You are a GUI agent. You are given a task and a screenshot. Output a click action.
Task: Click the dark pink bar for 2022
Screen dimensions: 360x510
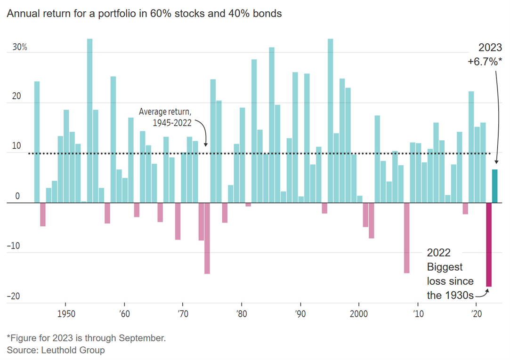pos(489,244)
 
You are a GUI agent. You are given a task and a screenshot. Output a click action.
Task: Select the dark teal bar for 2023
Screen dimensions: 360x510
pos(494,186)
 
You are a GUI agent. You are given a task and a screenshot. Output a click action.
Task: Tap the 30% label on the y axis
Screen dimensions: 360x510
pos(20,48)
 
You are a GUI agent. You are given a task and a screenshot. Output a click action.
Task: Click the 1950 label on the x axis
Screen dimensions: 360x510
pos(65,314)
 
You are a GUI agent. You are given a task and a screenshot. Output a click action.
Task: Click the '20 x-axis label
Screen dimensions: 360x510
pos(476,314)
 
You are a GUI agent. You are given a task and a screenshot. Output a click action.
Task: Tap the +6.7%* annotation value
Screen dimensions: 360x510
pos(484,61)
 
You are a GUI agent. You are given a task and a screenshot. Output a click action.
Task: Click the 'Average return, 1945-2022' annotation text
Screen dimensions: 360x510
pos(166,116)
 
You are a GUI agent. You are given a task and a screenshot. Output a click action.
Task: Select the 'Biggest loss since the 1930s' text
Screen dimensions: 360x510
pos(450,281)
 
